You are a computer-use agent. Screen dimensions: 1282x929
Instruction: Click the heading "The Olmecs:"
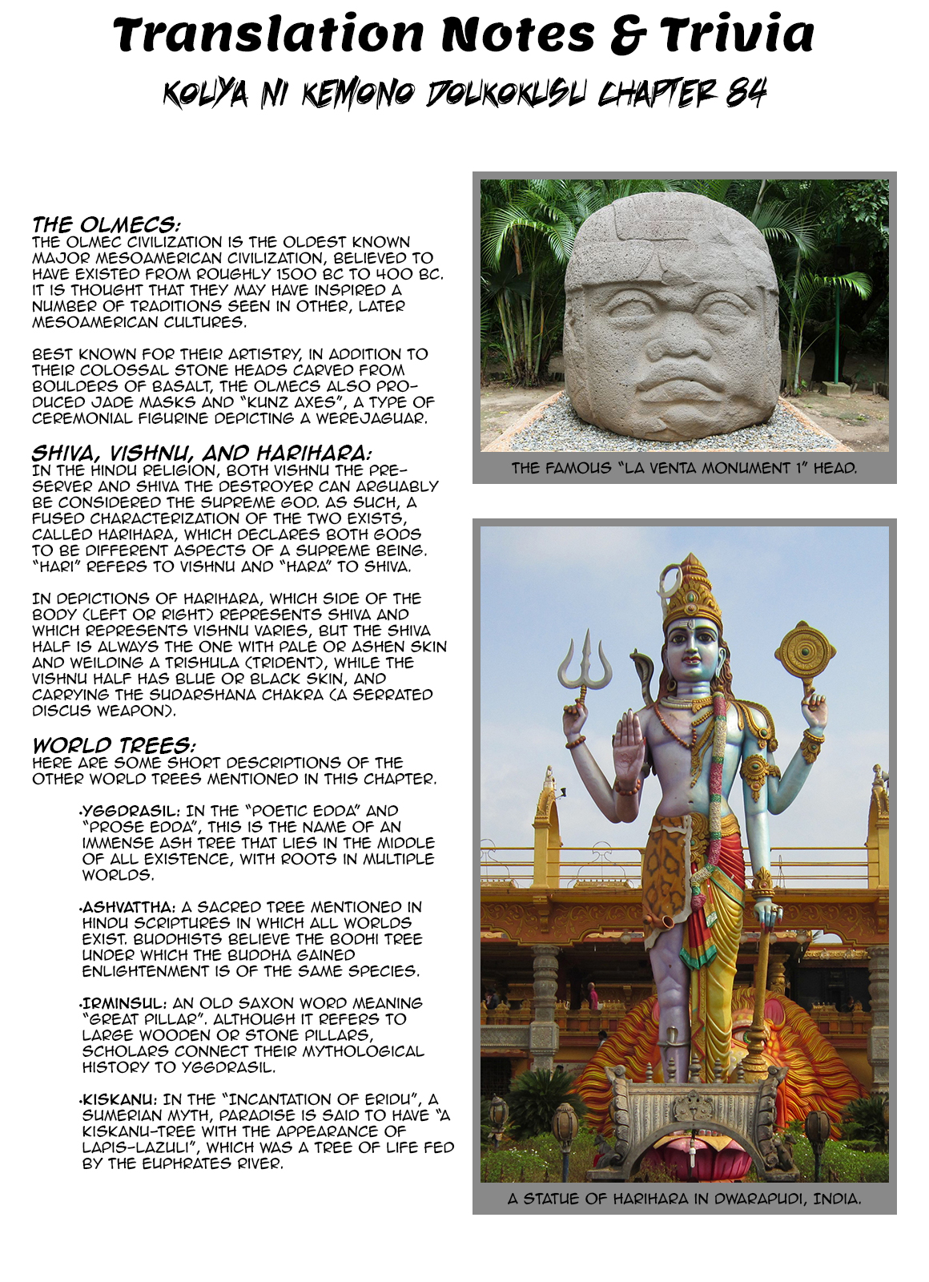(106, 224)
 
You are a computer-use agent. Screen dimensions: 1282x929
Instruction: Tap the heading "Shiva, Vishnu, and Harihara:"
(202, 453)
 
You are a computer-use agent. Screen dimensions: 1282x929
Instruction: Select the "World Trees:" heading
(113, 745)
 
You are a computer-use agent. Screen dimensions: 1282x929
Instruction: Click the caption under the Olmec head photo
(684, 468)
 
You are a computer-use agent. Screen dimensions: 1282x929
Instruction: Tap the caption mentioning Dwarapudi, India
(684, 1199)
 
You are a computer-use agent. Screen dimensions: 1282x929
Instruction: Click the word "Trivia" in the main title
(737, 34)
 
